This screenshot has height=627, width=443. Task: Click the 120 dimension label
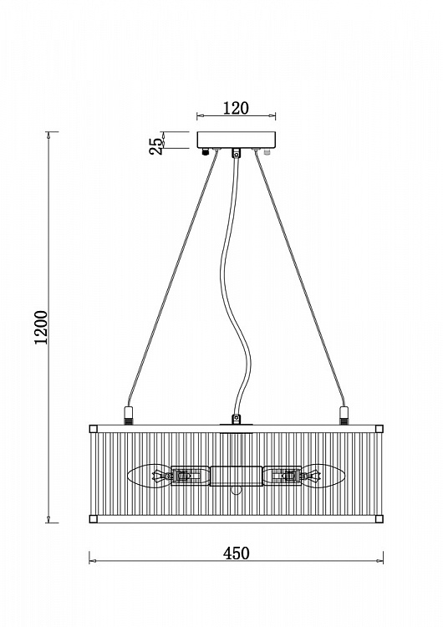236,108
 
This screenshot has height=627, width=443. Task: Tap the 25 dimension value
156,146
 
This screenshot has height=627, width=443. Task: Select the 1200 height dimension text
41,327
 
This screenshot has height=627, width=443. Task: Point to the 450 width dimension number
236,553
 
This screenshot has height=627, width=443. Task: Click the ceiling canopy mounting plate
237,140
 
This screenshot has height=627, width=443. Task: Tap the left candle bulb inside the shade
149,476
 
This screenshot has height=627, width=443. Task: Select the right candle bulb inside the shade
323,476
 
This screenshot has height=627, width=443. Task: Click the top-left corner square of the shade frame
93,429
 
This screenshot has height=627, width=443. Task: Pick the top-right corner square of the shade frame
379,429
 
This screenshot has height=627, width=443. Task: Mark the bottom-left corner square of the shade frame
93,519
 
